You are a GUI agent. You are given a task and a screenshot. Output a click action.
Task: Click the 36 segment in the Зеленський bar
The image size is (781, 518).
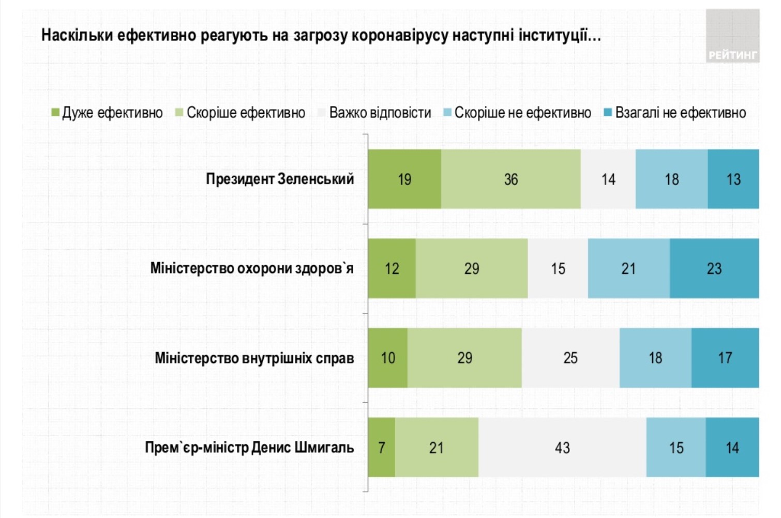[x=510, y=179]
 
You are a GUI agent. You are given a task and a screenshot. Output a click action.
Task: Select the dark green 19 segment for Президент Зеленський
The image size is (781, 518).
[x=404, y=179]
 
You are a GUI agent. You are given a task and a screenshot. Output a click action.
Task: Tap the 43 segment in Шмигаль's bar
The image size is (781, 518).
[x=562, y=447]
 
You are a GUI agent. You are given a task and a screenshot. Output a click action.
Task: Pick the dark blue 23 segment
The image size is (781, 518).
[x=714, y=268]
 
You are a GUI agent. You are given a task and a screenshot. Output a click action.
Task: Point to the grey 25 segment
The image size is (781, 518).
[x=570, y=358]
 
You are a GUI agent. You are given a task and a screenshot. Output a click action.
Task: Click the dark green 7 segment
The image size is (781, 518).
[x=382, y=447]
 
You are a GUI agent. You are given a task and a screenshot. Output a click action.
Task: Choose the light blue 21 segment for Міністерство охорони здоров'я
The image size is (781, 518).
[x=628, y=268]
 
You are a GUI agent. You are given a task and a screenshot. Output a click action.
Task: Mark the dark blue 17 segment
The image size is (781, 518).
[x=725, y=358]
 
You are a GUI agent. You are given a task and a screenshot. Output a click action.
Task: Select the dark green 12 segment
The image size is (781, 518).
[x=392, y=268]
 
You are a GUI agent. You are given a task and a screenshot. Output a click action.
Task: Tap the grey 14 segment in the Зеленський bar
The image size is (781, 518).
[x=608, y=179]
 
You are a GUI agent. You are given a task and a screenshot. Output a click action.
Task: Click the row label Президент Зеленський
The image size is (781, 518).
[x=280, y=179]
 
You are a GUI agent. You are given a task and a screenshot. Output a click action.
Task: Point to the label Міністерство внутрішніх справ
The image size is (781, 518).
[x=254, y=358]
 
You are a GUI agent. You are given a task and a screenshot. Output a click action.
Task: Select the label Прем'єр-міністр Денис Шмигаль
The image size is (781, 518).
[x=249, y=447]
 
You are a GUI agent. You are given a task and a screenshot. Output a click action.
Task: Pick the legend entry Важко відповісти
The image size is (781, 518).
[x=380, y=113]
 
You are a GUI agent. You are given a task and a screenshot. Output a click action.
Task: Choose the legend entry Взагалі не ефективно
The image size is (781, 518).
[x=680, y=113]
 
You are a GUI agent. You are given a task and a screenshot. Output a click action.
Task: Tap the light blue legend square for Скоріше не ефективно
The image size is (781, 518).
[x=448, y=112]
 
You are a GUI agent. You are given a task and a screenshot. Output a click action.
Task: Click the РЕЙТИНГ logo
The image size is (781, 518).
[x=732, y=36]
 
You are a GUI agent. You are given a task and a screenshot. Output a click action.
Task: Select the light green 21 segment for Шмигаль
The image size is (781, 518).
[x=436, y=447]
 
